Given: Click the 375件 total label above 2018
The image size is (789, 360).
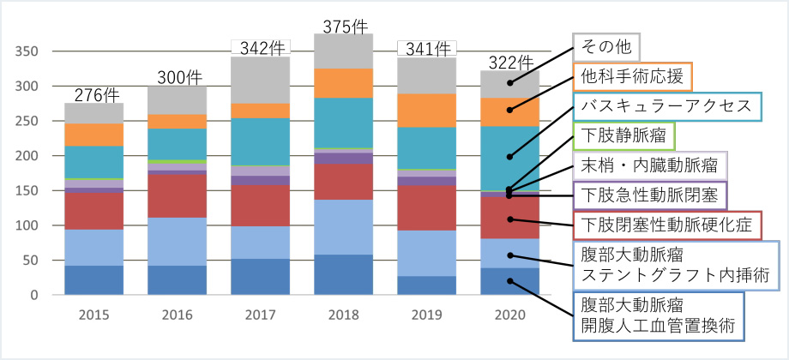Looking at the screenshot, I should [x=344, y=27].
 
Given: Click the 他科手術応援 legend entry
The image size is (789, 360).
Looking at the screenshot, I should [x=632, y=77].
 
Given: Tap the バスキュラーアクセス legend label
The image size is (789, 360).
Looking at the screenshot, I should [x=666, y=106].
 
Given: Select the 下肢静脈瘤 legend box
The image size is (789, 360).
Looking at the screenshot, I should [x=623, y=136].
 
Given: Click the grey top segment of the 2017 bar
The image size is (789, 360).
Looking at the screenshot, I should [x=262, y=81].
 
